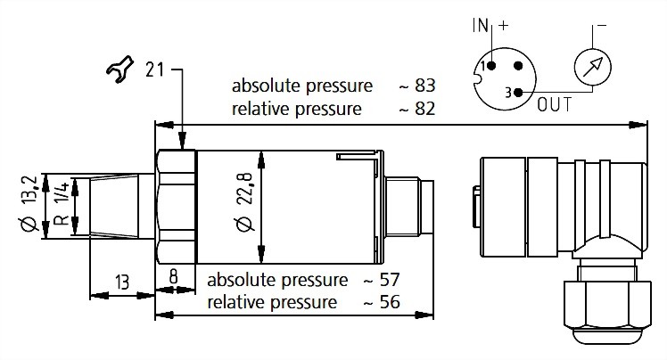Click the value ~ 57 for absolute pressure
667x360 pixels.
pos(382,279)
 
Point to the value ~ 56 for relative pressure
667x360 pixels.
pos(382,302)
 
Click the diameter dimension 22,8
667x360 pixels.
pos(245,203)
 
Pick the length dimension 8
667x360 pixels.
pos(175,278)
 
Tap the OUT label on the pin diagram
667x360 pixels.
pos(556,105)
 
